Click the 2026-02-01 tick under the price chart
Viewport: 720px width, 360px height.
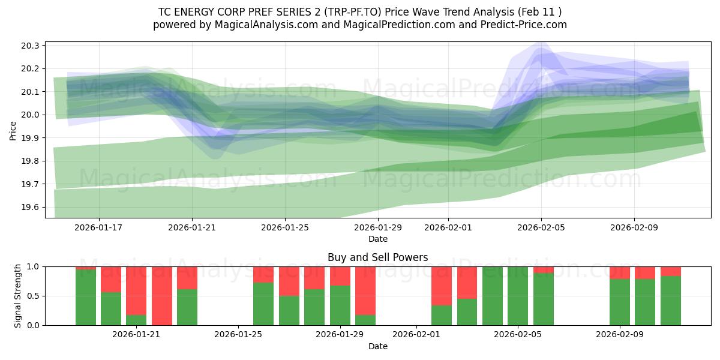coord(448,227)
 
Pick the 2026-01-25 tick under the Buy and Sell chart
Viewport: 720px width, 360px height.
coord(238,335)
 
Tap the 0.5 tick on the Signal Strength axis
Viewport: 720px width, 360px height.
coord(34,296)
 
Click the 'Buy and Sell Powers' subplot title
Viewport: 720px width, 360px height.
coord(377,257)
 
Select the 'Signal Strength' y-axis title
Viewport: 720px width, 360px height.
coord(18,295)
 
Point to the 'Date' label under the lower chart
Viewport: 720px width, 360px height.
coord(377,346)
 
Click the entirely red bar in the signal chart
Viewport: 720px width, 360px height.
coord(162,296)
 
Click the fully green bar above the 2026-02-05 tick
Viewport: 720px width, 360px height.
coord(518,296)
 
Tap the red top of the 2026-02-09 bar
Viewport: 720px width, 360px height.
coord(620,272)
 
